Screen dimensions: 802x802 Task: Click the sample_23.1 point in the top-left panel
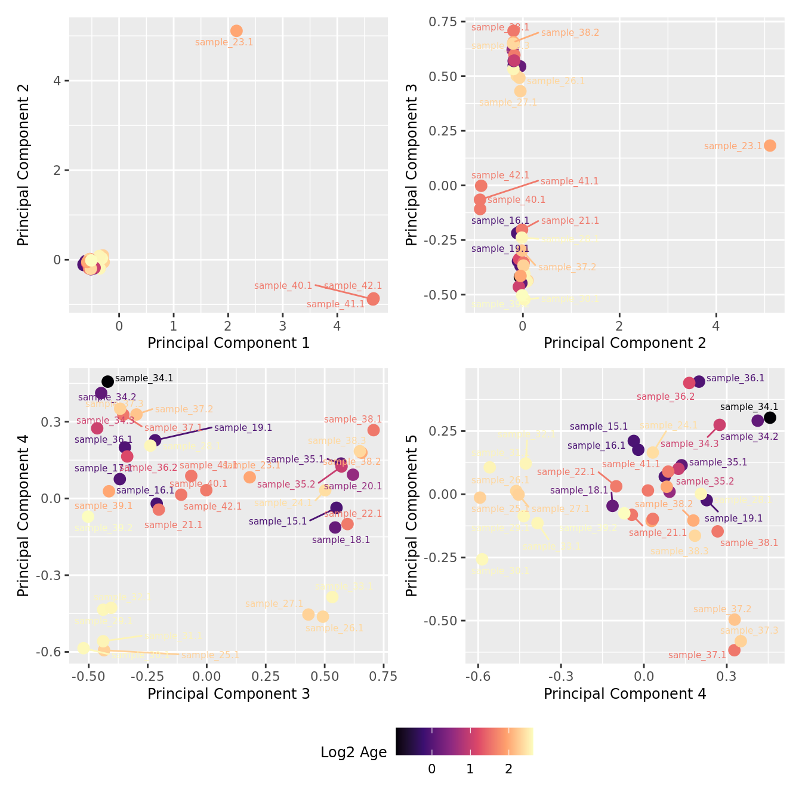[x=236, y=30]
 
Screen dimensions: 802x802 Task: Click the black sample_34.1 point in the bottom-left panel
[x=108, y=381]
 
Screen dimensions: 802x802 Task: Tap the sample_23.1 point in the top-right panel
[x=770, y=146]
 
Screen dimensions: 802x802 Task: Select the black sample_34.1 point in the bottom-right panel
[x=770, y=418]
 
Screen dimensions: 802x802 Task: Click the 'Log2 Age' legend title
[x=353, y=752]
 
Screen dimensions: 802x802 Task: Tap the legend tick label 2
[x=508, y=769]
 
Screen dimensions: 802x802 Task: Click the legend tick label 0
[x=431, y=769]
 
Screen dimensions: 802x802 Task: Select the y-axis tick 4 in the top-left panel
[x=58, y=81]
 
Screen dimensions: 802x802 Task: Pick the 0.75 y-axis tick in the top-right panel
[x=442, y=22]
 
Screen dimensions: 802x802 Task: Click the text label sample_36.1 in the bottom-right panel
[x=735, y=378]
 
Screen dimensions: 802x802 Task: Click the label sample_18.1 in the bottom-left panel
[x=341, y=540]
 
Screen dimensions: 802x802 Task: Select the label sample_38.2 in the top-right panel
[x=570, y=33]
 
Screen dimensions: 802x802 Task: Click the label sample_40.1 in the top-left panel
[x=283, y=286]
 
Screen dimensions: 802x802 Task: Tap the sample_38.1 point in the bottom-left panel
[x=374, y=430]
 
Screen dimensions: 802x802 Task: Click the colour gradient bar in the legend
[x=464, y=742]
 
